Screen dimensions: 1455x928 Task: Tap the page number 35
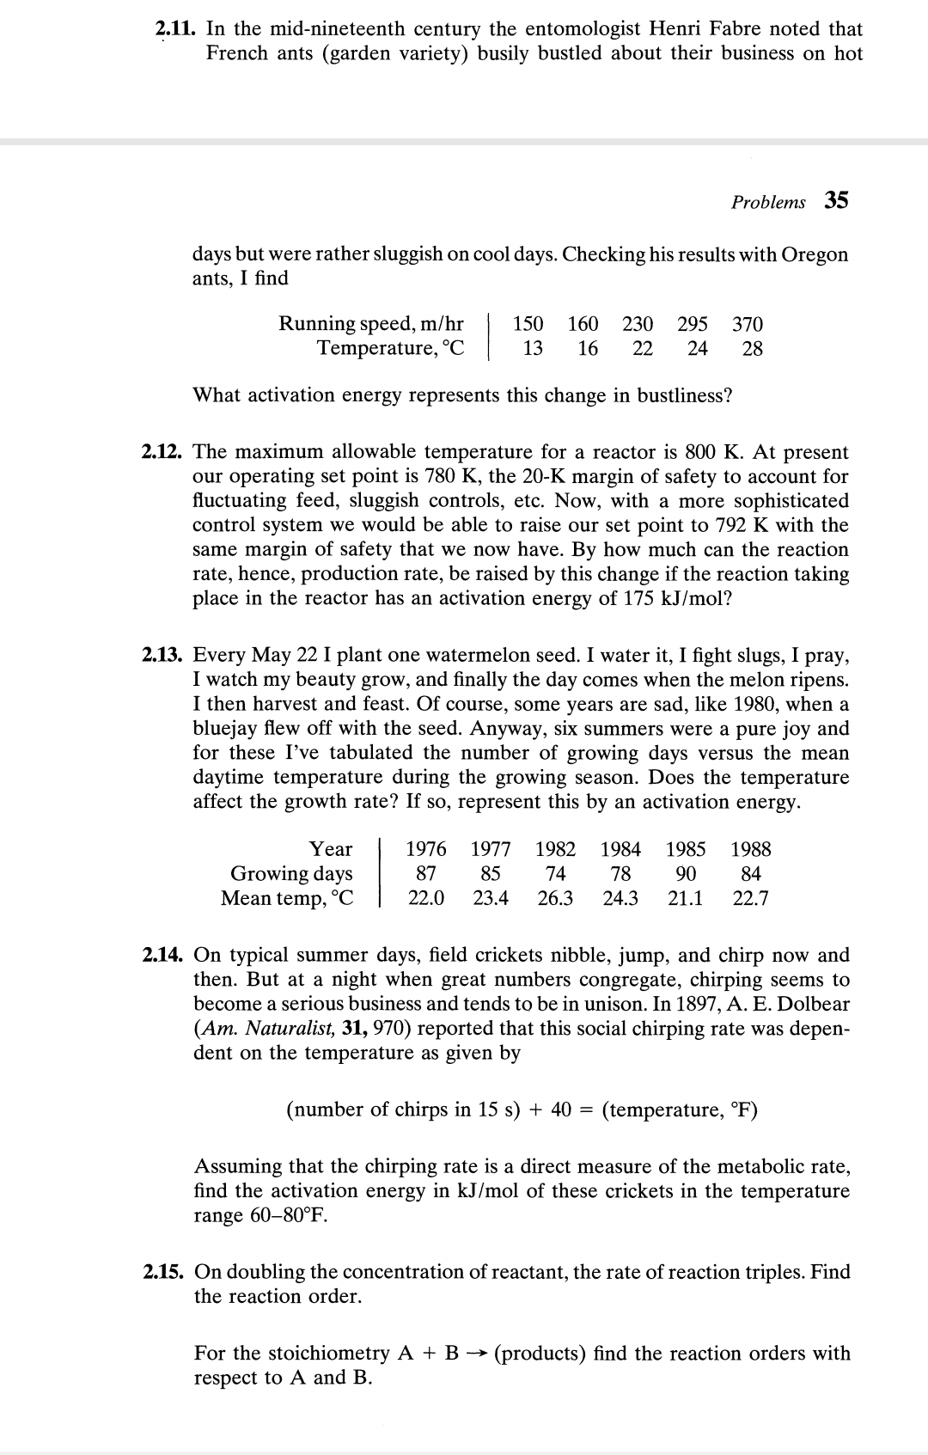[x=836, y=201]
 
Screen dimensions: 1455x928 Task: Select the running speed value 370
[x=747, y=324]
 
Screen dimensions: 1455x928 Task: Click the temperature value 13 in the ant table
[x=533, y=348]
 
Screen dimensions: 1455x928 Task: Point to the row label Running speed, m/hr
[x=370, y=324]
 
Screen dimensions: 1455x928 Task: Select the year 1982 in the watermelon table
[x=555, y=849]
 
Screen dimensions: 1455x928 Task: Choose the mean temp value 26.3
[x=555, y=898]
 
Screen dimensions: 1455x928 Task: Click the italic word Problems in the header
[x=768, y=203]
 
